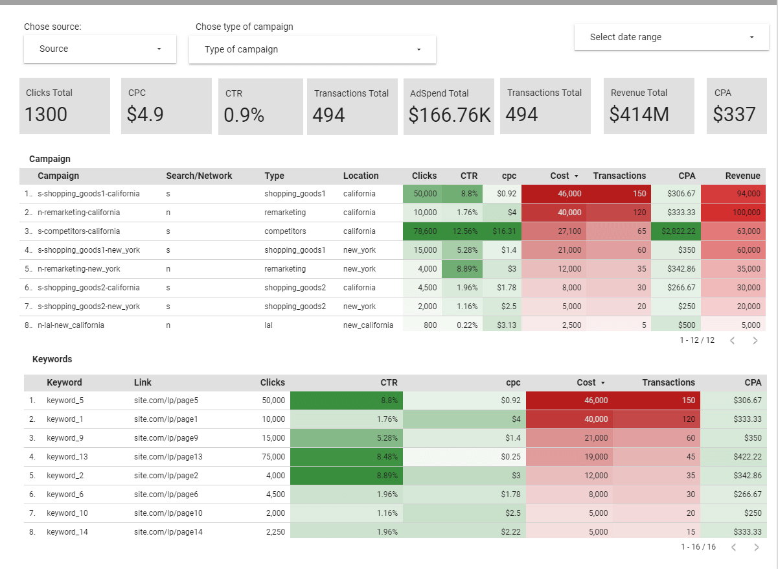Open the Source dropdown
(100, 49)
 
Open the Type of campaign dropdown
(312, 50)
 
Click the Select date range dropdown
(671, 38)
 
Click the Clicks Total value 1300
(46, 115)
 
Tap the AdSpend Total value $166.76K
(449, 115)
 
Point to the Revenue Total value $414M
(639, 115)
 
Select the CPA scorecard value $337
(734, 115)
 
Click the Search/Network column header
(199, 176)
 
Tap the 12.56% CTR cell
(463, 231)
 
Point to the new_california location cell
(368, 325)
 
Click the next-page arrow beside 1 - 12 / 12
(755, 340)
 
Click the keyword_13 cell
(67, 457)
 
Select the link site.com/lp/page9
(166, 438)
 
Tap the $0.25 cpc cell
(510, 457)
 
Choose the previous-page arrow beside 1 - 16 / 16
(733, 547)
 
